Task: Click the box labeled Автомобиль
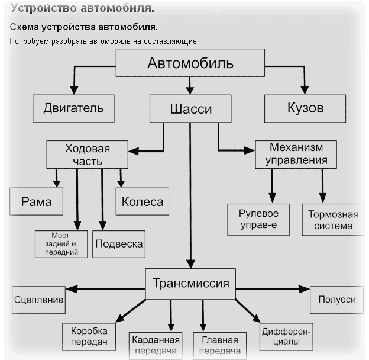click(x=190, y=63)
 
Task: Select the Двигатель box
click(x=73, y=108)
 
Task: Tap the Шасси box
click(x=190, y=109)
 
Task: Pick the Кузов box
click(x=305, y=108)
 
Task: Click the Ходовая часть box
click(x=87, y=155)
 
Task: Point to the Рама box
click(x=36, y=202)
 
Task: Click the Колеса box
click(x=143, y=202)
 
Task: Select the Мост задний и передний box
click(x=60, y=244)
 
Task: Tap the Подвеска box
click(x=119, y=243)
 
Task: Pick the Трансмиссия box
click(x=191, y=283)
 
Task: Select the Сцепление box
click(x=38, y=300)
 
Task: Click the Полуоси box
click(x=336, y=300)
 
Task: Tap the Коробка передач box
click(x=88, y=336)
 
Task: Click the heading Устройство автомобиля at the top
click(x=83, y=9)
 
